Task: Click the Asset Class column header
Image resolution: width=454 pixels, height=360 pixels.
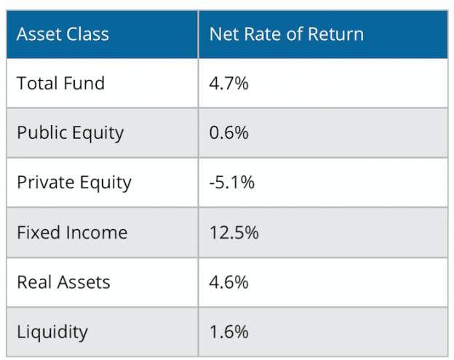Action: [63, 34]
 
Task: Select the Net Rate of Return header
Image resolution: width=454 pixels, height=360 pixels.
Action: [286, 34]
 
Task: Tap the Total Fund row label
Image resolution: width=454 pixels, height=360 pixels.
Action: [60, 84]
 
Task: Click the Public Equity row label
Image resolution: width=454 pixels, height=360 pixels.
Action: [70, 133]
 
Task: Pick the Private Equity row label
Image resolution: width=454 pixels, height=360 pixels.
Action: [73, 183]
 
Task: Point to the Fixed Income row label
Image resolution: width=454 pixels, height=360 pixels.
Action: [71, 233]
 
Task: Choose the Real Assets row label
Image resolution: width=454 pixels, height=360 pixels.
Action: [63, 282]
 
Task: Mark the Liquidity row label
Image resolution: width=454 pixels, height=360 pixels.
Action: [52, 332]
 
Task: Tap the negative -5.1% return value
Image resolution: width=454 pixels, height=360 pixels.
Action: [231, 183]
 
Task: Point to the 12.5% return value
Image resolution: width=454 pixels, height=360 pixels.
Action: [234, 233]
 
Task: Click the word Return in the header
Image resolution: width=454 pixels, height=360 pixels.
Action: [337, 34]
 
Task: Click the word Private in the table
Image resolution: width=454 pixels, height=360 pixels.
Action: [43, 183]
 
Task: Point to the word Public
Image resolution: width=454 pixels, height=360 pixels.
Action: [40, 133]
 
